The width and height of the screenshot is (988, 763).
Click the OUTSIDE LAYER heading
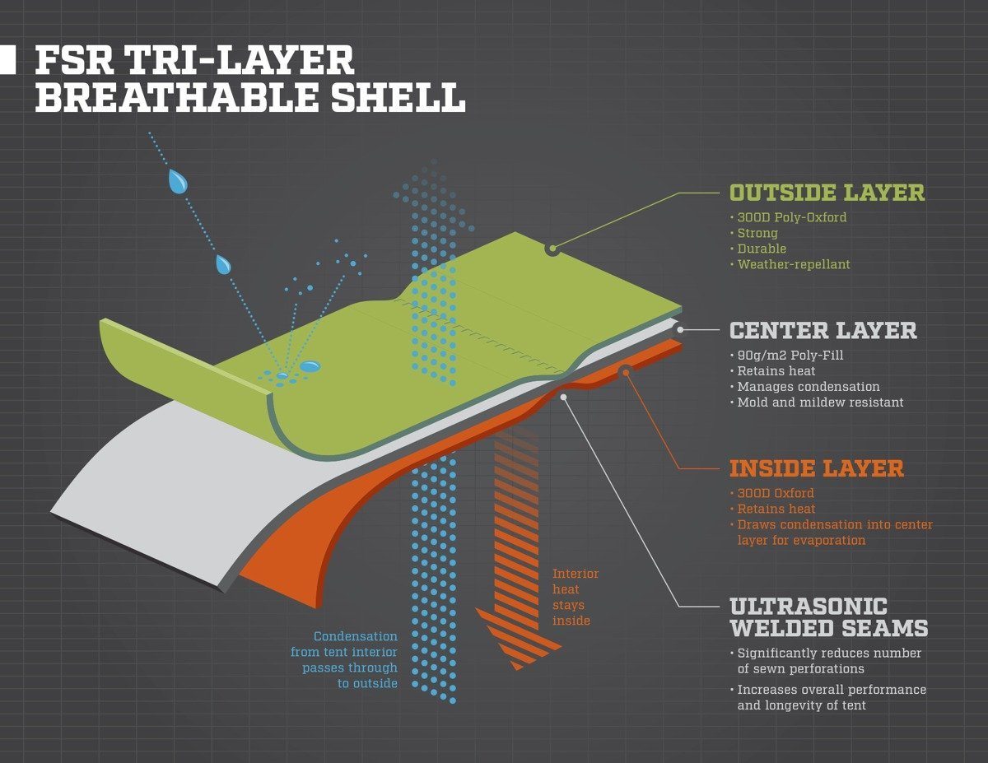827,193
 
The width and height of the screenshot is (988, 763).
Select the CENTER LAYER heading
823,331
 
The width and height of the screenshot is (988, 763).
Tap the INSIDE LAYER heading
816,468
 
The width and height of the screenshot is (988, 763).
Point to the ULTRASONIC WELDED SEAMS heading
828,617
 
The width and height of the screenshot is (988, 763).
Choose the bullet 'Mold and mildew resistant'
820,402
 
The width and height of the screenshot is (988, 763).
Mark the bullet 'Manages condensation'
808,387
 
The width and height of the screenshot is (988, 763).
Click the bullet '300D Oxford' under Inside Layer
776,493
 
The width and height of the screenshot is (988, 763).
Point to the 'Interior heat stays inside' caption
575,597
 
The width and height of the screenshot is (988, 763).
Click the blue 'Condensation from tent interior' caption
356,659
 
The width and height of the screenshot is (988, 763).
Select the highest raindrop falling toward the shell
177,181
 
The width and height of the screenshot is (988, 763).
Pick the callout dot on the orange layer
625,371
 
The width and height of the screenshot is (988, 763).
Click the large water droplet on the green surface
310,365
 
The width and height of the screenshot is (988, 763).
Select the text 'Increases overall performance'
832,690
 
